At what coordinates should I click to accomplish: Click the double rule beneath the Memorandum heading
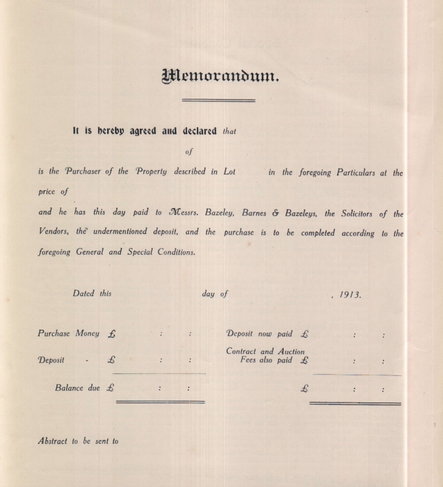(218, 100)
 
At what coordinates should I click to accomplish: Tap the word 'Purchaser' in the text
(81, 172)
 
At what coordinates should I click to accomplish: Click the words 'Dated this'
(92, 293)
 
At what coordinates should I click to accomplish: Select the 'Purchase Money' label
(68, 333)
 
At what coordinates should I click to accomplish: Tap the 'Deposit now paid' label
(259, 334)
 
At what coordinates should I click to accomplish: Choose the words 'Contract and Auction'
(265, 351)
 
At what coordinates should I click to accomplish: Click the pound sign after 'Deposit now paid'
(305, 334)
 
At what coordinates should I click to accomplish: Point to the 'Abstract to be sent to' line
(78, 441)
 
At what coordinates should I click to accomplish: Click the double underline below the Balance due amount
(160, 402)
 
